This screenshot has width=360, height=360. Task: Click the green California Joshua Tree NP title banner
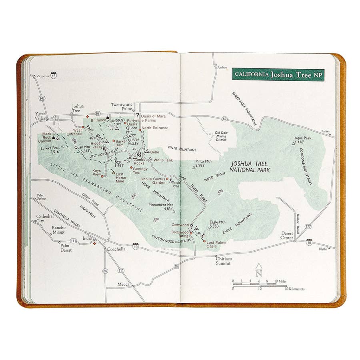[278, 74]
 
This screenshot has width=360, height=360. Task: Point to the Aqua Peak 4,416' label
[302, 140]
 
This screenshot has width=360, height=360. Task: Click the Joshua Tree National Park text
[250, 167]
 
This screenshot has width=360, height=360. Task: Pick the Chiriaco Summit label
[224, 261]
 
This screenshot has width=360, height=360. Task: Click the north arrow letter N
[259, 274]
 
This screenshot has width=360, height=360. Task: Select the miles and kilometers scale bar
[264, 285]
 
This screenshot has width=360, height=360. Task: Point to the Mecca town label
[123, 284]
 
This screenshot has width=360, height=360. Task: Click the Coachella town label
[116, 249]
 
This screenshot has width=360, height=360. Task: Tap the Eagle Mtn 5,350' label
[218, 224]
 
